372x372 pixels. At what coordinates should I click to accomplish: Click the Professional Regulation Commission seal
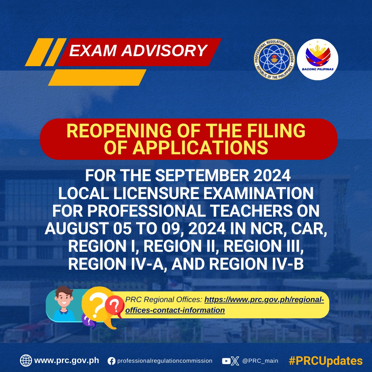point(274,59)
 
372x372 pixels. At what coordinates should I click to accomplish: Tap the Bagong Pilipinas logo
point(318,59)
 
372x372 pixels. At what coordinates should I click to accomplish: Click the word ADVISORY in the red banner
point(164,51)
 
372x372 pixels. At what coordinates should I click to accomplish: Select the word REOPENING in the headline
point(119,131)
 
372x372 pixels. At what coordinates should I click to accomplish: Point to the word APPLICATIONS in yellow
point(200,148)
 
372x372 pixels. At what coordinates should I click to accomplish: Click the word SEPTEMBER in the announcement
point(202,176)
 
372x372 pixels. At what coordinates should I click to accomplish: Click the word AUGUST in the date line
point(77,229)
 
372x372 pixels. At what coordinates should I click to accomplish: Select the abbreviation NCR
point(268,229)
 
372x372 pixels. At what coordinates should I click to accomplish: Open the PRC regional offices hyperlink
point(225,305)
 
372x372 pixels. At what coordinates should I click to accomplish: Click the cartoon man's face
point(64,298)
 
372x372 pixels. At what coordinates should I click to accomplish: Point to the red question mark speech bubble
point(114,307)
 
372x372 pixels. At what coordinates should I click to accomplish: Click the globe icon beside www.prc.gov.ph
point(26,361)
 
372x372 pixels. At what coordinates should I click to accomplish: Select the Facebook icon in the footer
point(111,361)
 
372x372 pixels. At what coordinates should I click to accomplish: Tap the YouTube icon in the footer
point(226,361)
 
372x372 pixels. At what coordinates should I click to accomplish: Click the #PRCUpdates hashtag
point(325,361)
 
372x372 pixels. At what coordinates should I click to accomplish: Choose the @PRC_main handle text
point(260,361)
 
